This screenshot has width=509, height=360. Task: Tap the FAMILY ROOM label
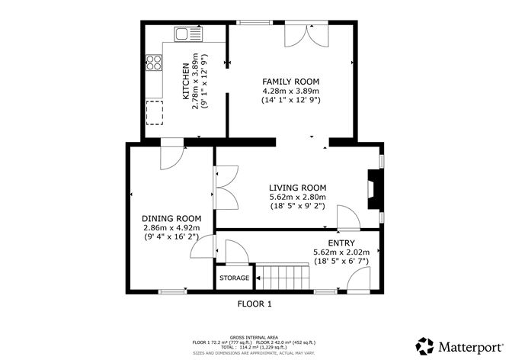[290, 82]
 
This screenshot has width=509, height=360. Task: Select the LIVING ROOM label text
[297, 188]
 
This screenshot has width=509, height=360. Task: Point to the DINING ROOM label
[171, 218]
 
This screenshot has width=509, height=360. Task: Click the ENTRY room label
[341, 243]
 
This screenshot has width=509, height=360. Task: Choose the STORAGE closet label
[234, 278]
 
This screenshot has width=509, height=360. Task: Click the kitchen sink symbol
[185, 34]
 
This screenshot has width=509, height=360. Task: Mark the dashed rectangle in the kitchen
[155, 111]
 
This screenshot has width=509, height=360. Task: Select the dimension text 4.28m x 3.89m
[290, 91]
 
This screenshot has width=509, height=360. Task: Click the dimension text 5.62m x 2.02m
[341, 252]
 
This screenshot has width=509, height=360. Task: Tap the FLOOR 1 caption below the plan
[254, 303]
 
